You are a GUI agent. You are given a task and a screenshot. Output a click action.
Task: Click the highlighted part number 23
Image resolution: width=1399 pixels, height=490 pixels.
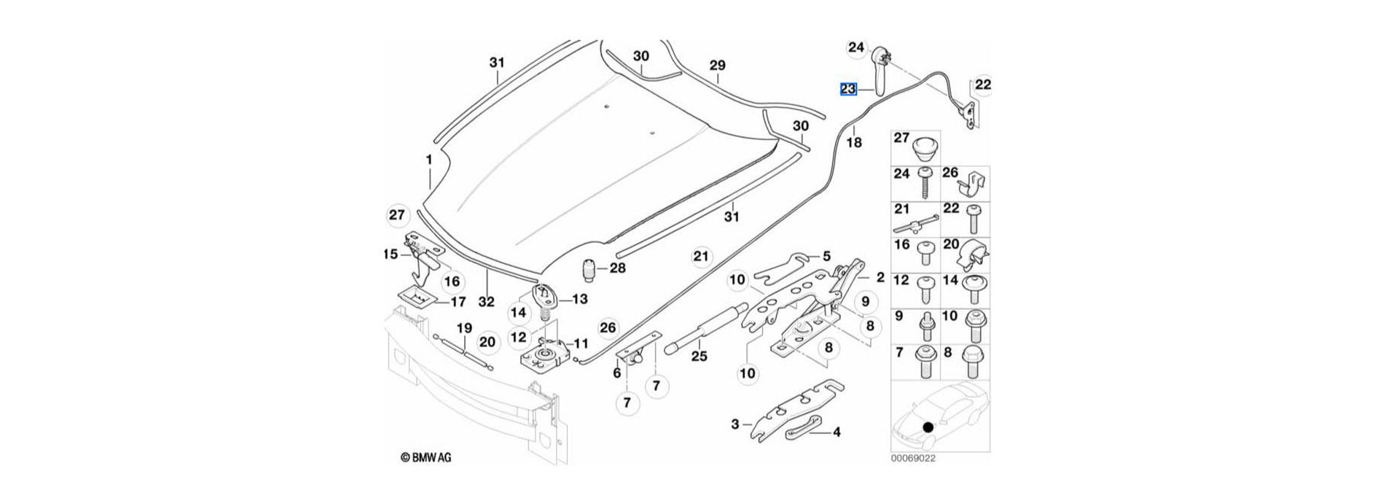(848, 90)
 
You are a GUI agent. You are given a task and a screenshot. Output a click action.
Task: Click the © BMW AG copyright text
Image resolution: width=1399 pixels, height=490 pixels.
(426, 458)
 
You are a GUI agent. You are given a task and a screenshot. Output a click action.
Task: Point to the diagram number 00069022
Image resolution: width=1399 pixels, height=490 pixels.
(912, 459)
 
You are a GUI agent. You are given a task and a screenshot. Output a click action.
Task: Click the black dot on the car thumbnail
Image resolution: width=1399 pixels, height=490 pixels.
(928, 427)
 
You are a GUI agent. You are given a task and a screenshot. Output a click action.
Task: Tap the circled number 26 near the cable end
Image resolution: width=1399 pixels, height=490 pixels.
(608, 328)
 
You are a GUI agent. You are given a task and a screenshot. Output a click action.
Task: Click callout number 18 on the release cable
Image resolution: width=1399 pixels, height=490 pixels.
(853, 142)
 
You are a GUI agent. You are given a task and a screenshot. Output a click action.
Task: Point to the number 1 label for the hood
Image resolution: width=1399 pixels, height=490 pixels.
(429, 160)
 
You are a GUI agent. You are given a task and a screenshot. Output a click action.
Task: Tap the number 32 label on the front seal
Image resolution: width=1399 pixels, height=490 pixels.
(486, 301)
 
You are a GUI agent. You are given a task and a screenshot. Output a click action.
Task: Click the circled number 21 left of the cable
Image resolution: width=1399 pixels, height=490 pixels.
(700, 257)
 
